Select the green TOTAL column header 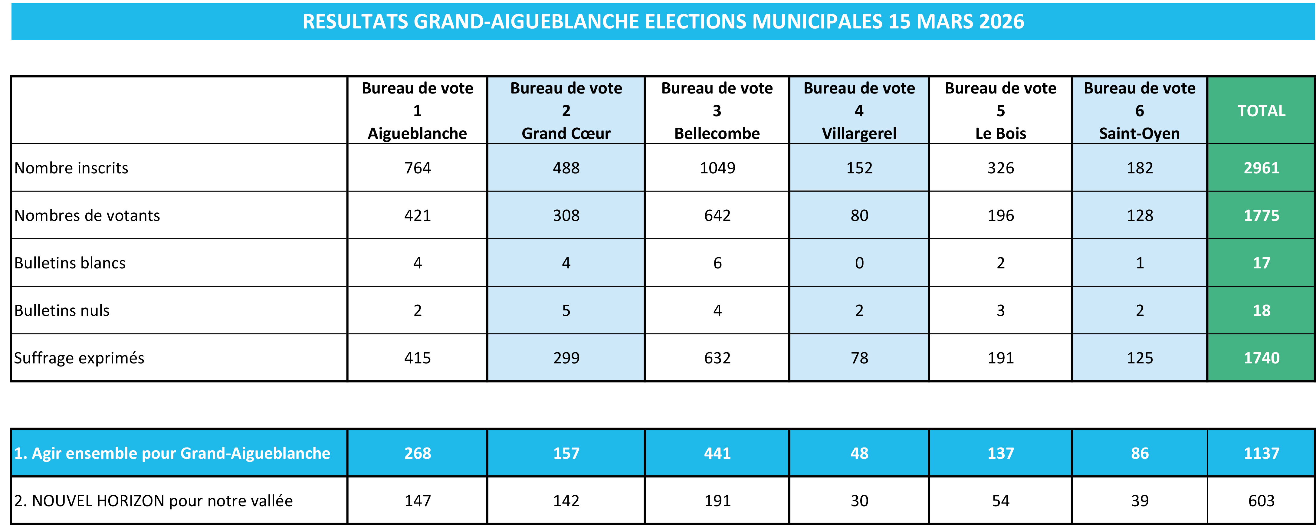point(1261,111)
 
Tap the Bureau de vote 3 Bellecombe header point(717,111)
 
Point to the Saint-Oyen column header point(1139,111)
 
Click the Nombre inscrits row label point(71,168)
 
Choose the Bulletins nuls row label point(62,310)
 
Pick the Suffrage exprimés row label point(79,358)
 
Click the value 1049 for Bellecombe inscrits point(717,168)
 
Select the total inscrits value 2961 point(1261,168)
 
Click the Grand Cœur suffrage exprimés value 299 point(566,358)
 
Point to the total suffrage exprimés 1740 point(1261,358)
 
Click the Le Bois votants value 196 point(1000,215)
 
